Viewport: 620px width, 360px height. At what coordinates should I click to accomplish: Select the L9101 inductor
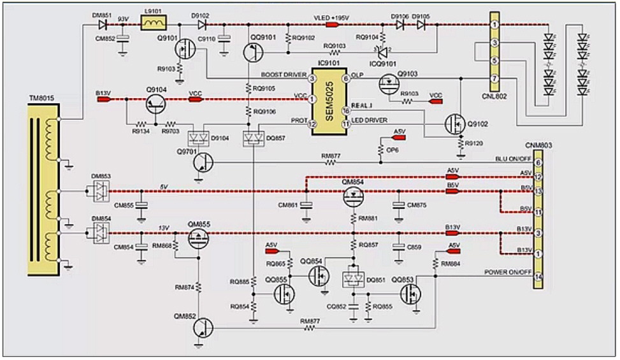coord(153,24)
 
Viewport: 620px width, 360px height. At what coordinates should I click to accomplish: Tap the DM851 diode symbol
coord(102,25)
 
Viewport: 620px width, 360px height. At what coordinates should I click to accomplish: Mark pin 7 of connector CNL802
coord(493,78)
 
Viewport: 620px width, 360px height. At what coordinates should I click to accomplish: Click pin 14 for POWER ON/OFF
coord(538,277)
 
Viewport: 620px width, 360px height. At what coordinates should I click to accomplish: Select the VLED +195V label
coord(329,17)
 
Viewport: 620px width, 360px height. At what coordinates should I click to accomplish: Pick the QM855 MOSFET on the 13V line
coord(199,238)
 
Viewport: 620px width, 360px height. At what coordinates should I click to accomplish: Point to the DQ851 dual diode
coord(351,280)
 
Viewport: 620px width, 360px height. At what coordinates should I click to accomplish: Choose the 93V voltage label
coord(123,18)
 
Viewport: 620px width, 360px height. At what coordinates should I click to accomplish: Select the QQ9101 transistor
coord(253,52)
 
